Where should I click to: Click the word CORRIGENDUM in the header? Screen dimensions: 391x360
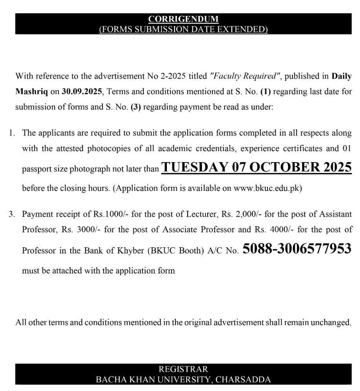click(x=183, y=19)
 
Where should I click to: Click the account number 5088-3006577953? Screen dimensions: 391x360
click(x=297, y=249)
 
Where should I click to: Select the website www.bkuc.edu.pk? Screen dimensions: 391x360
click(x=267, y=188)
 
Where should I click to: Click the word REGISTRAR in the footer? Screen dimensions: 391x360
click(x=183, y=369)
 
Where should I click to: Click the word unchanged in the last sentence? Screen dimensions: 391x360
click(x=333, y=323)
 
